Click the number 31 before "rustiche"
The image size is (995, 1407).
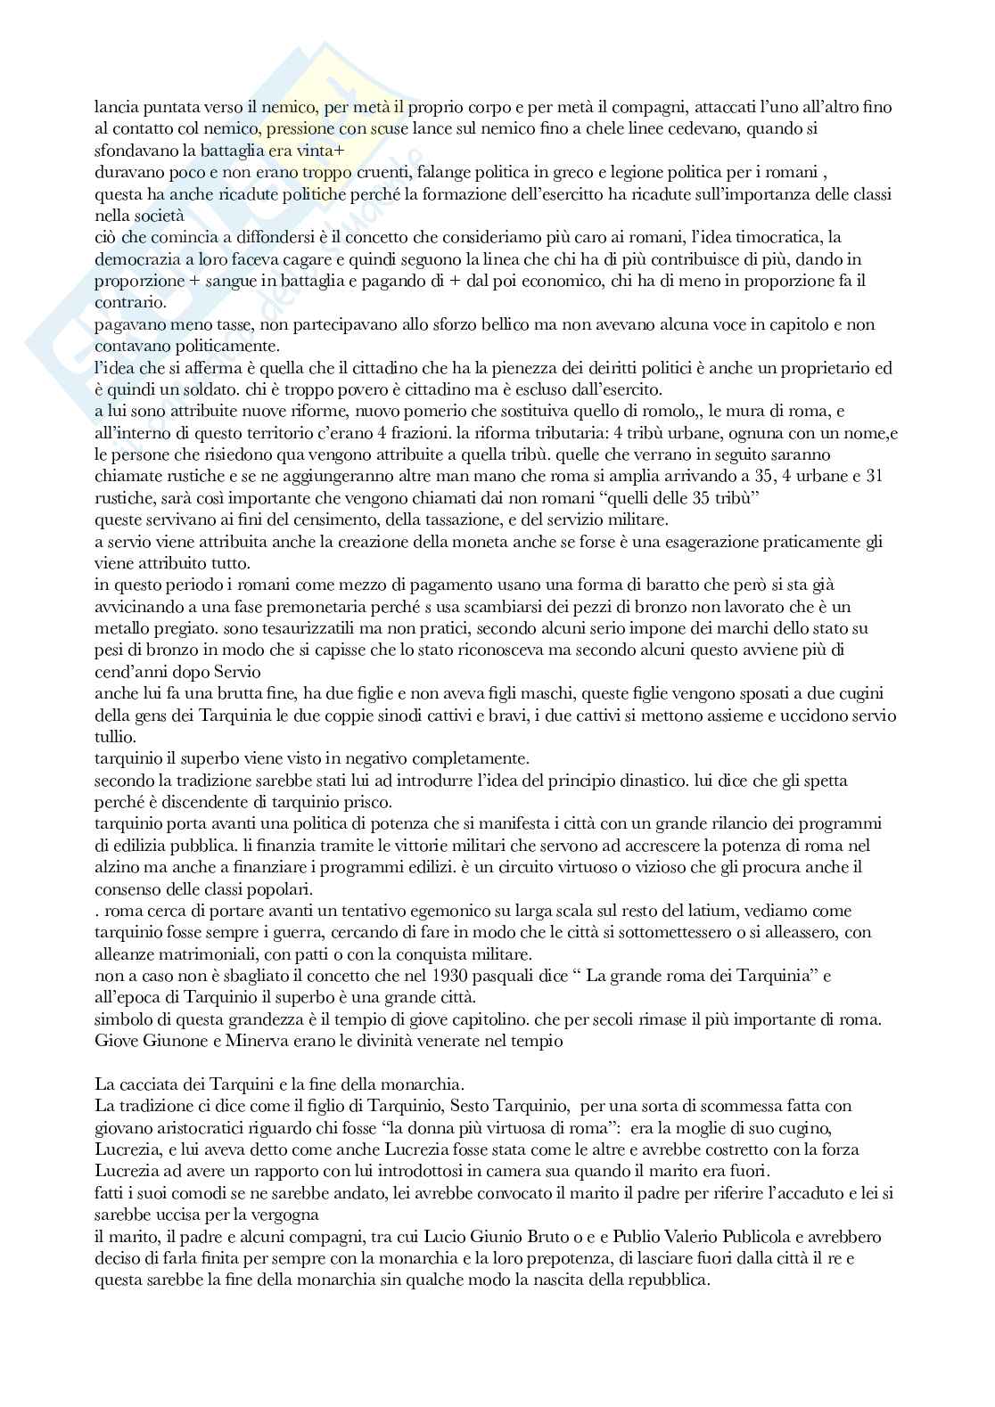pos(874,476)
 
